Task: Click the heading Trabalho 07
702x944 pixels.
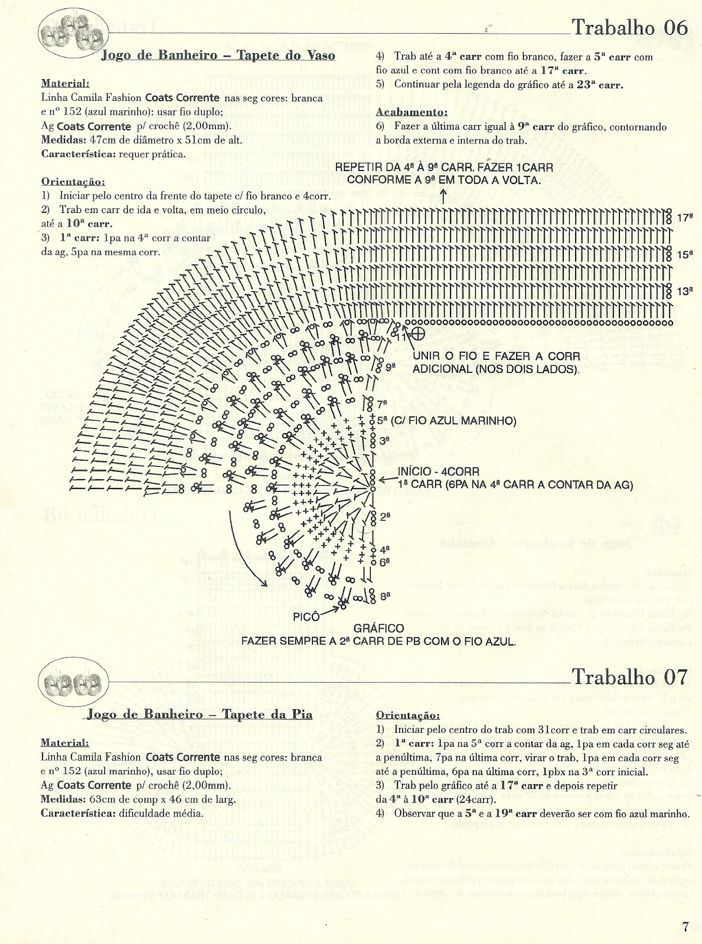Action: click(x=631, y=677)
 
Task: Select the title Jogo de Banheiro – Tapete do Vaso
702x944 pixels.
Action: click(x=218, y=55)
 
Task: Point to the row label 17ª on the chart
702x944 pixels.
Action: click(x=684, y=218)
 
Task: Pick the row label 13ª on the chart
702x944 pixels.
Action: click(x=684, y=291)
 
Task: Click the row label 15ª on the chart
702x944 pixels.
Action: click(x=684, y=255)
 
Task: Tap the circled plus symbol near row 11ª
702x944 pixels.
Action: click(x=418, y=333)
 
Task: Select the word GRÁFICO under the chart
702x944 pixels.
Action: click(x=378, y=629)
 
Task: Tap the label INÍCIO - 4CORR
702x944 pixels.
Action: click(x=438, y=473)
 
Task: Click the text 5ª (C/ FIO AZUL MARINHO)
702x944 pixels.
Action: click(x=447, y=421)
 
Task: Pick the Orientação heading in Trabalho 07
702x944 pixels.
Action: click(x=407, y=716)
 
